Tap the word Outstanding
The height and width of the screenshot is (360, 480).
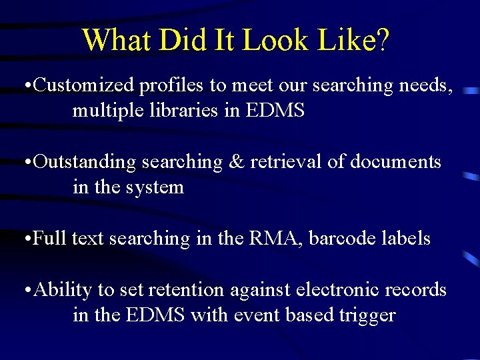click(x=85, y=162)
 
